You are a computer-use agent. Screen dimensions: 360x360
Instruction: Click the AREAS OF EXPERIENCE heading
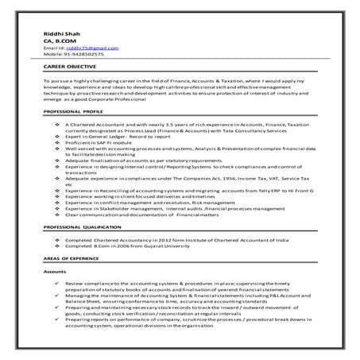(x=73, y=260)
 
